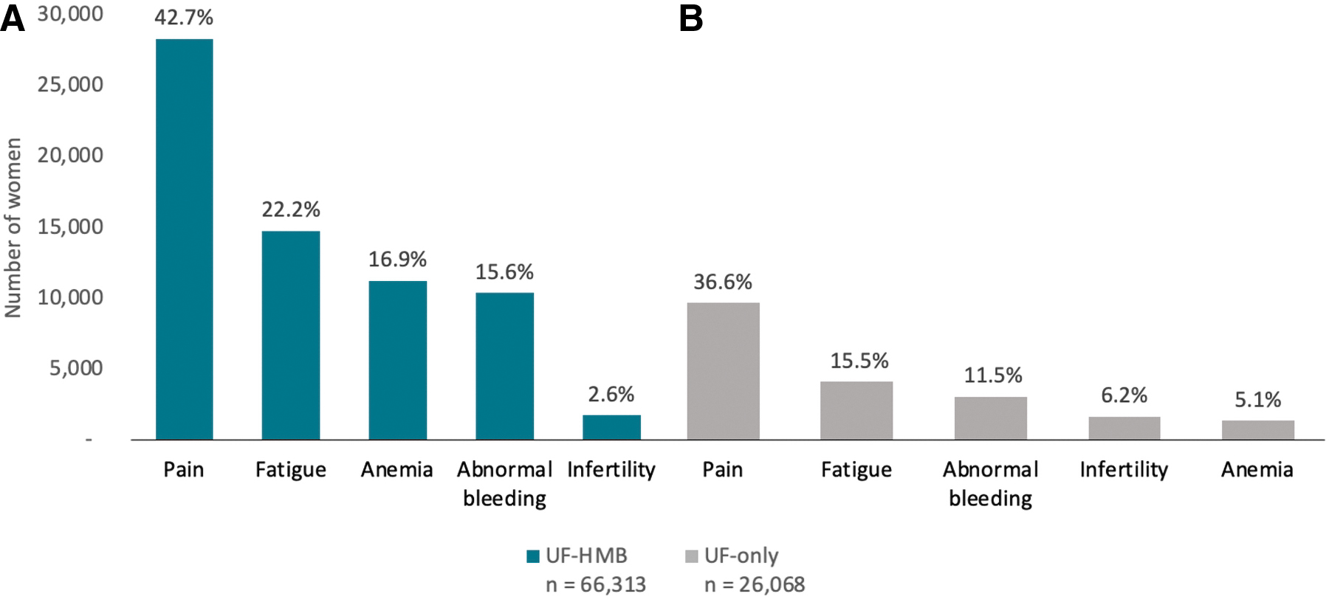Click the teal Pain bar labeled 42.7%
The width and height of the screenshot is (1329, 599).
(x=184, y=239)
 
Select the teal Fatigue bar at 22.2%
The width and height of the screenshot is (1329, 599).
(x=291, y=336)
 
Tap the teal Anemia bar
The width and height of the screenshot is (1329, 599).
(x=398, y=360)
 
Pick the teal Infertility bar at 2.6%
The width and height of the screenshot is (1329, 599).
(x=611, y=427)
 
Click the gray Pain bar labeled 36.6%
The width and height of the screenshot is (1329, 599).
(x=723, y=371)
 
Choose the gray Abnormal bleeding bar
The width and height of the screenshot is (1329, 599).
(x=991, y=418)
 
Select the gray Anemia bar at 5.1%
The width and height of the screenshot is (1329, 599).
(x=1258, y=430)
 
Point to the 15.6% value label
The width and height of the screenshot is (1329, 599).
(x=504, y=272)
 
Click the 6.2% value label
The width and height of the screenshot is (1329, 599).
(x=1124, y=395)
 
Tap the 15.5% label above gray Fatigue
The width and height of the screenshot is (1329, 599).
(x=859, y=361)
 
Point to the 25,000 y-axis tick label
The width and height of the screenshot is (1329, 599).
(x=70, y=84)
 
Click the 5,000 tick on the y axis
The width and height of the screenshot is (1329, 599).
(x=76, y=367)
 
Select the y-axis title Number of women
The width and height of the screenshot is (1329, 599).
(x=13, y=228)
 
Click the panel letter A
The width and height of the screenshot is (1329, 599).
(x=13, y=18)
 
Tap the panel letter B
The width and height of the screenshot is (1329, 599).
(x=691, y=18)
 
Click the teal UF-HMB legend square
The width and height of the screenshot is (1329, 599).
(x=533, y=556)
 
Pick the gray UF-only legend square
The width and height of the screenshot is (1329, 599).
(x=692, y=556)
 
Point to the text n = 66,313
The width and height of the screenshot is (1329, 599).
(x=596, y=585)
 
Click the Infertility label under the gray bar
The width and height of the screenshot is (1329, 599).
(x=1124, y=470)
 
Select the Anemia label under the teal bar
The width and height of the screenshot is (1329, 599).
(x=396, y=470)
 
